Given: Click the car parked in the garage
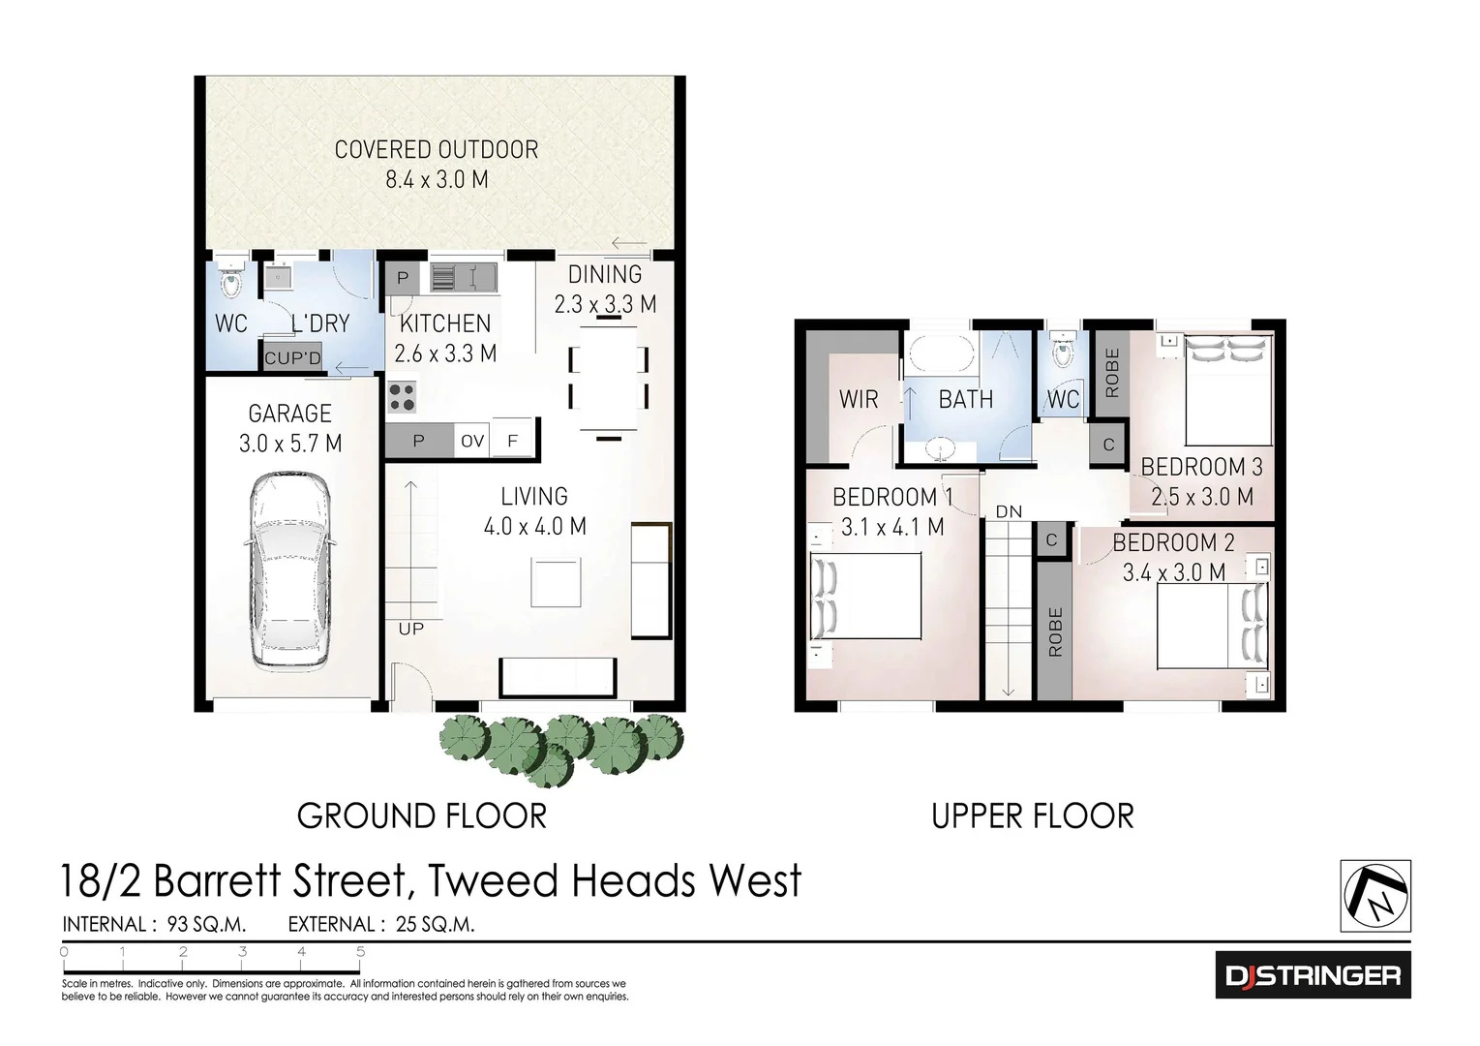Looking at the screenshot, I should (290, 571).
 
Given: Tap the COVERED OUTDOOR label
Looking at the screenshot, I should (437, 150).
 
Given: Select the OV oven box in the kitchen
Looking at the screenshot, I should (472, 441).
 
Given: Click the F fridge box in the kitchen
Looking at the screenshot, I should (514, 441).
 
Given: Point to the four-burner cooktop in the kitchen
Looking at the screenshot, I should (402, 397).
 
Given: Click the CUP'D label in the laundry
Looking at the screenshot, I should (292, 358).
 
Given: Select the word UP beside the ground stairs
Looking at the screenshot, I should (411, 629).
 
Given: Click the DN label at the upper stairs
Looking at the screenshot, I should (1009, 511).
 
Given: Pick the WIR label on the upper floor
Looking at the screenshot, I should (859, 399).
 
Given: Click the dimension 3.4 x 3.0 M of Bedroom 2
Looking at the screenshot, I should (1174, 572).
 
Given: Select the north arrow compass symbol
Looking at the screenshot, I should (1375, 896).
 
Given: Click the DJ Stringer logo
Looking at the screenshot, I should (1313, 975).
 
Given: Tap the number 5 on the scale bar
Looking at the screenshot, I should (360, 952).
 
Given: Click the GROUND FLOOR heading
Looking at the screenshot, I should (422, 816).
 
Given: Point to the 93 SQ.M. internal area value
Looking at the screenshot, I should (206, 924).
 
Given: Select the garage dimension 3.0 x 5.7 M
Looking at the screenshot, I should (290, 444).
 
